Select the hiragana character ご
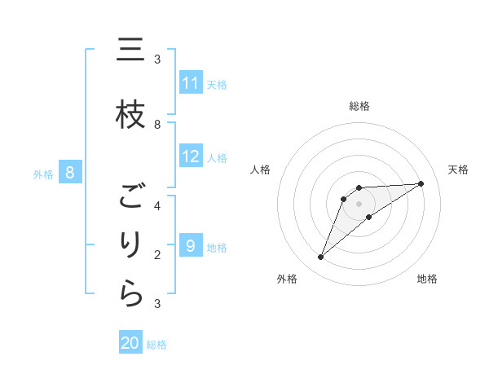pos(130,196)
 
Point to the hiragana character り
pos(130,245)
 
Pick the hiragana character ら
pos(130,294)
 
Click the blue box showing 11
pos(191,83)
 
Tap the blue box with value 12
pos(191,156)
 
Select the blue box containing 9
pos(191,246)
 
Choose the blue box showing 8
pos(70,173)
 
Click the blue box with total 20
pos(130,343)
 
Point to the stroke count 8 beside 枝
pos(157,124)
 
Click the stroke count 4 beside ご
pos(157,205)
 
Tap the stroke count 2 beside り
pos(157,254)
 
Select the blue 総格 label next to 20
pos(156,345)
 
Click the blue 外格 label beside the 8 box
pos(42,174)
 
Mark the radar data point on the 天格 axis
pos(421,183)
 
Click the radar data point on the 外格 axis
pos(321,258)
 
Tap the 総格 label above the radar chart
pos(359,106)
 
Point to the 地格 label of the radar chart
pos(427,279)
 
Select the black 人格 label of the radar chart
pos(261,169)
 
